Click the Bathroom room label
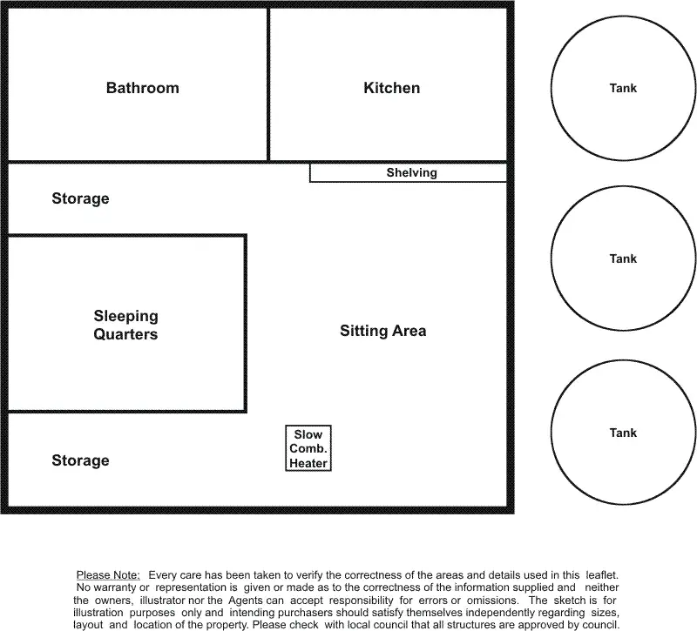pyautogui.click(x=143, y=88)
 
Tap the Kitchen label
pyautogui.click(x=391, y=88)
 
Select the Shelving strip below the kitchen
pyautogui.click(x=411, y=173)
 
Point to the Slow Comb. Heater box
pyautogui.click(x=308, y=449)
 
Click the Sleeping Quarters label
pyautogui.click(x=126, y=325)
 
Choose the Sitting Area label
pyautogui.click(x=382, y=331)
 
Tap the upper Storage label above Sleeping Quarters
pyautogui.click(x=80, y=198)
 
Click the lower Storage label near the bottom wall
pyautogui.click(x=80, y=460)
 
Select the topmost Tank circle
pyautogui.click(x=623, y=88)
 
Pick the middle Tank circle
pyautogui.click(x=623, y=258)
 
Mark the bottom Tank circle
pyautogui.click(x=623, y=433)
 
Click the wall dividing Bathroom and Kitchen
pyautogui.click(x=268, y=85)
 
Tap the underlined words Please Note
pyautogui.click(x=108, y=576)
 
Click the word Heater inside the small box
pyautogui.click(x=308, y=464)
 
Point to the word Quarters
pyautogui.click(x=126, y=334)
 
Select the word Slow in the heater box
pyautogui.click(x=308, y=434)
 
